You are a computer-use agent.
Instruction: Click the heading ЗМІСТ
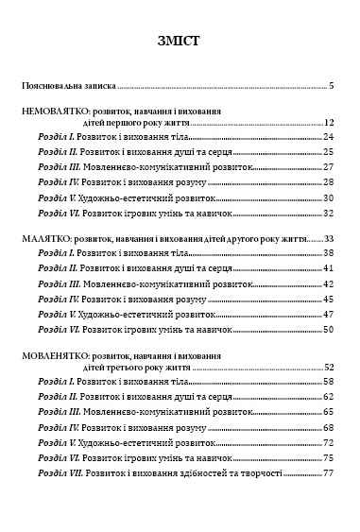pos(180,41)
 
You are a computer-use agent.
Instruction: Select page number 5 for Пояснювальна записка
pos(333,86)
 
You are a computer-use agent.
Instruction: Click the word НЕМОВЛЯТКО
pos(55,110)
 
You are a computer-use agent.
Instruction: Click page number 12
pos(330,123)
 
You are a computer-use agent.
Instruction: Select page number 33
pos(330,240)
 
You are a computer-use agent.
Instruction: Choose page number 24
pos(330,138)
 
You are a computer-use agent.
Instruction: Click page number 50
pos(330,329)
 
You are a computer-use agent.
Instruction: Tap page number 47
pos(330,314)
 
